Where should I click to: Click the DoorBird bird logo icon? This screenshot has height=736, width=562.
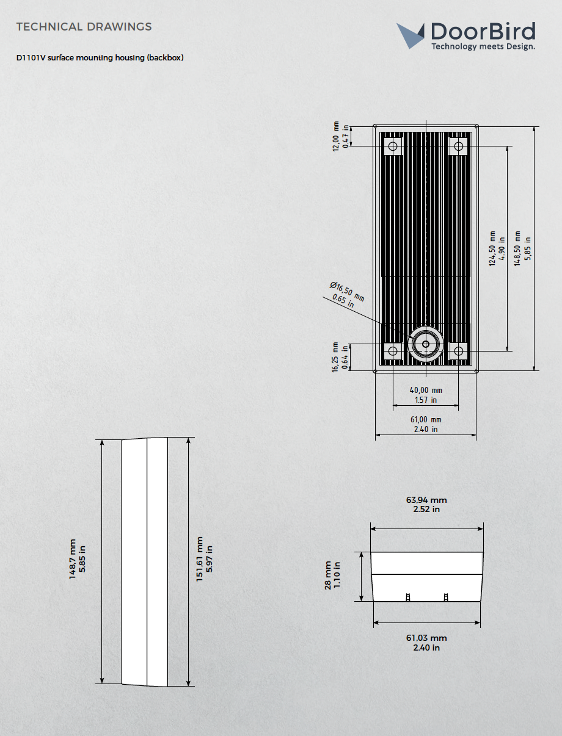tap(411, 35)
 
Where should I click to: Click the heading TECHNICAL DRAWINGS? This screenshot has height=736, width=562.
tap(84, 27)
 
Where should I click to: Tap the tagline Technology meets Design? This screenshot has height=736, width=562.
tap(483, 46)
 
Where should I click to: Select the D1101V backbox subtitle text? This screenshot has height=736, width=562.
tap(100, 58)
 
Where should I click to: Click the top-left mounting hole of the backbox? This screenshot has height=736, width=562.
tap(393, 146)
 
